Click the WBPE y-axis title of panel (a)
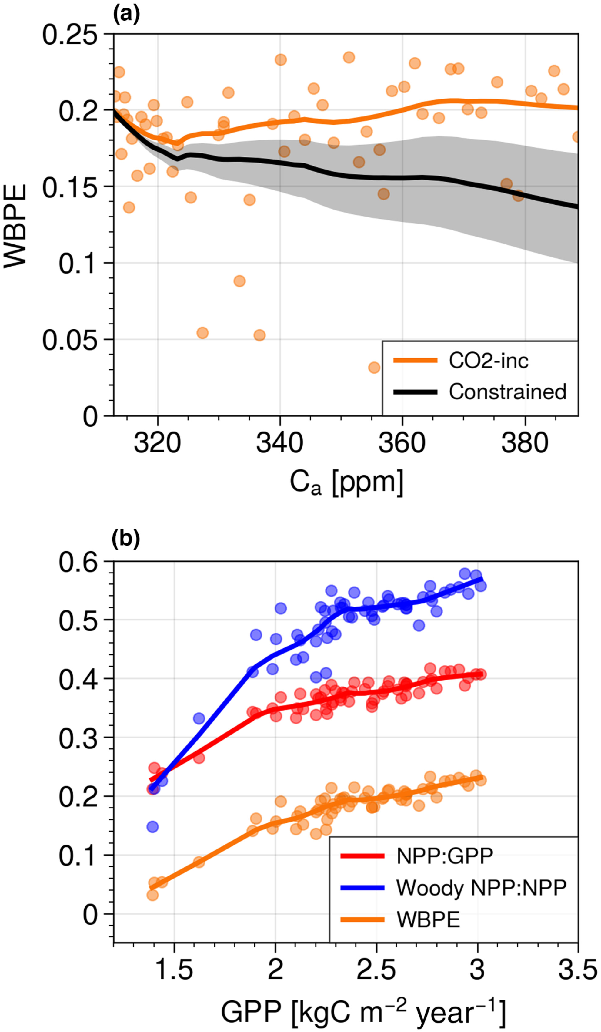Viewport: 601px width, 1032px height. [15, 226]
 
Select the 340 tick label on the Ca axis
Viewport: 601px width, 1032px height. [280, 443]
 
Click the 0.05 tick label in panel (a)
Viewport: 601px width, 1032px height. [70, 340]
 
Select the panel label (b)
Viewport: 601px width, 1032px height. [126, 539]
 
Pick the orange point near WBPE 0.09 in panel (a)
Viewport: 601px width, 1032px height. [239, 281]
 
